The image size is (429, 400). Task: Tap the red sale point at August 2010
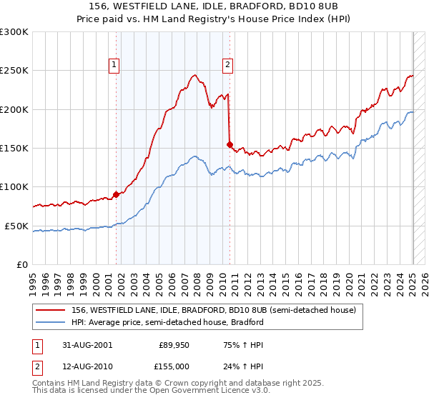click(x=230, y=144)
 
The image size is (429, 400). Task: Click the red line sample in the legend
click(x=50, y=310)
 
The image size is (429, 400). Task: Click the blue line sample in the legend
click(x=50, y=322)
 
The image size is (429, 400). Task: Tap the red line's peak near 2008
click(x=194, y=74)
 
